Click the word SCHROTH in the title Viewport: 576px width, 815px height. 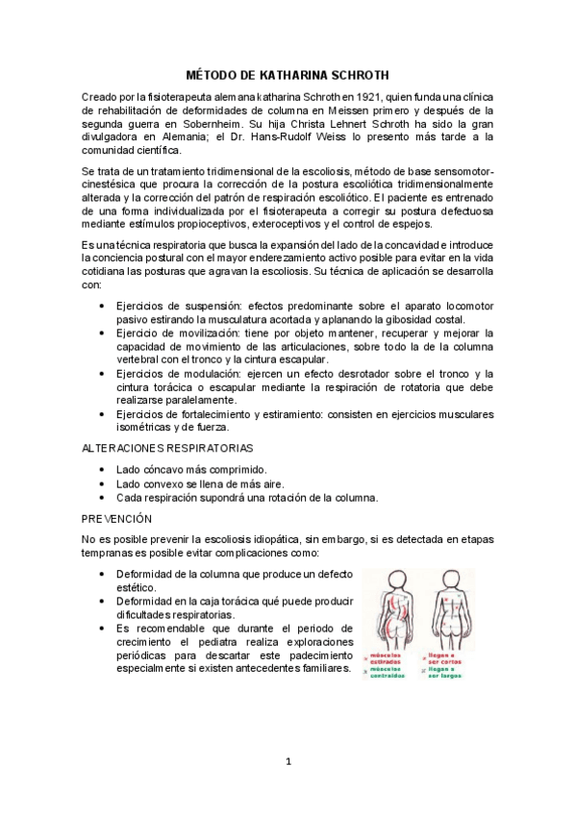click(355, 74)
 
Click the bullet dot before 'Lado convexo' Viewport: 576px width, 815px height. click(103, 483)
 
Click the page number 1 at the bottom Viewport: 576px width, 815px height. click(288, 762)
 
